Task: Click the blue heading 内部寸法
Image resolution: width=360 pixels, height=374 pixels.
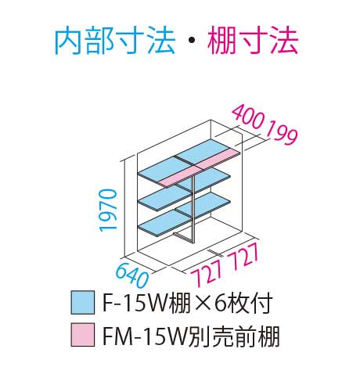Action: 115,41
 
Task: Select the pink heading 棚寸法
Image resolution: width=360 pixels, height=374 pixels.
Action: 252,41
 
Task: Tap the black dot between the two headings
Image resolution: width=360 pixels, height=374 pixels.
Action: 192,41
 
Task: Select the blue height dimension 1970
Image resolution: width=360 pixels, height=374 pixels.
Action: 108,210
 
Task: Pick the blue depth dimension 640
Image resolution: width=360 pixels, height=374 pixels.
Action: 132,275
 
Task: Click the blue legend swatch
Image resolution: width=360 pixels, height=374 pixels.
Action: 83,303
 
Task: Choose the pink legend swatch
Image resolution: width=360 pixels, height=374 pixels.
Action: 83,335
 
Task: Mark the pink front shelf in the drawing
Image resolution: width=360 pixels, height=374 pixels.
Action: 200,167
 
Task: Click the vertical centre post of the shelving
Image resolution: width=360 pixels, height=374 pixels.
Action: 193,210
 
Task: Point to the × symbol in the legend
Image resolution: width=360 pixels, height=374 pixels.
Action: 202,304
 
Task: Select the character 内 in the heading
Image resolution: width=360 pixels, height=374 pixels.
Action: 69,41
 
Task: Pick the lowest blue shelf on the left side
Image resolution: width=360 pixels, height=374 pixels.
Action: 165,224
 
